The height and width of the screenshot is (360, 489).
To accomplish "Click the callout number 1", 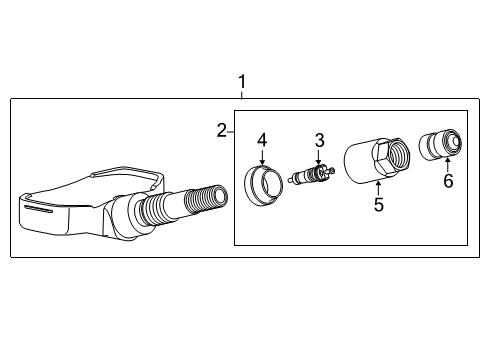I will [240, 81].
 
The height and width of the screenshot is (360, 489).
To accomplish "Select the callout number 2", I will [221, 129].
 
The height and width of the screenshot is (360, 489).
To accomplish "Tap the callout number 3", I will [319, 139].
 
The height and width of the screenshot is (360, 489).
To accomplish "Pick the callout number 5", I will [379, 205].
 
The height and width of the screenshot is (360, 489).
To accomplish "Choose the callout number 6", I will [448, 181].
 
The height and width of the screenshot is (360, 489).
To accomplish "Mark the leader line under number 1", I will [240, 93].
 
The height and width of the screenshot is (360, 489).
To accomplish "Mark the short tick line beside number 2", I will [230, 129].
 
